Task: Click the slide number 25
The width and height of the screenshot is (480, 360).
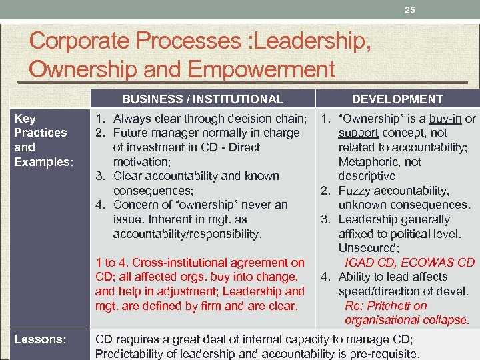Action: coord(410,10)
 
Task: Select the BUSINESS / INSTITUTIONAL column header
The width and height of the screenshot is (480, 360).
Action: coord(202,99)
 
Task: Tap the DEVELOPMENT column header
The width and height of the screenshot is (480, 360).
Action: coord(397,99)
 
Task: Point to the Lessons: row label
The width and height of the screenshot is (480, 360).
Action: coord(41,339)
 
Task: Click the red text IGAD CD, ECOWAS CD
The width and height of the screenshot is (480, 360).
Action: coord(409,262)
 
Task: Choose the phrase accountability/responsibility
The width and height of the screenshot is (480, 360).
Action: coord(187,234)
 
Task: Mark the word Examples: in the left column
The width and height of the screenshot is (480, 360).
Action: coord(41,162)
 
